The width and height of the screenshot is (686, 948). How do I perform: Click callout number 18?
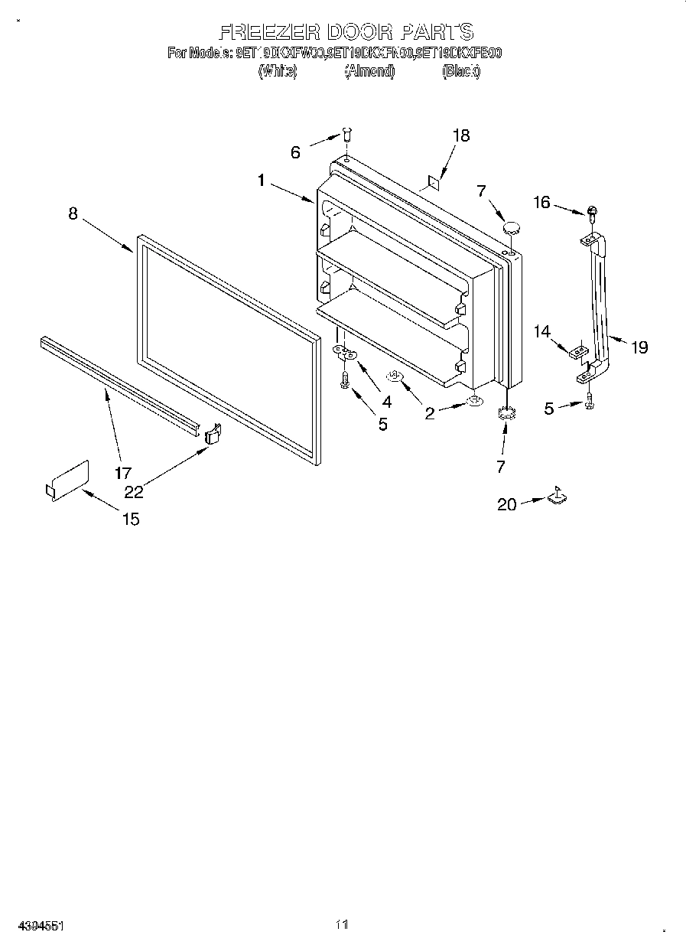pyautogui.click(x=460, y=135)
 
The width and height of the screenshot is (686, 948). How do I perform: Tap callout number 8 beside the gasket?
pyautogui.click(x=73, y=213)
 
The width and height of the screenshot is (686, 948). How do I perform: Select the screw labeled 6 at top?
pyautogui.click(x=346, y=135)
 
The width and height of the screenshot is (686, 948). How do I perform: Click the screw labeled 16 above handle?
pyautogui.click(x=593, y=211)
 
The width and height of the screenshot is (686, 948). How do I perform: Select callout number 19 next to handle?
pyautogui.click(x=639, y=347)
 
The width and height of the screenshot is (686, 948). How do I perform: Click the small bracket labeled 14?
pyautogui.click(x=579, y=351)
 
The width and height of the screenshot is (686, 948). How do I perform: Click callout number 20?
pyautogui.click(x=507, y=504)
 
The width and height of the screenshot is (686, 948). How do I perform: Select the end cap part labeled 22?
pyautogui.click(x=213, y=435)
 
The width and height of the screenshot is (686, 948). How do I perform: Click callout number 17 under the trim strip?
pyautogui.click(x=123, y=473)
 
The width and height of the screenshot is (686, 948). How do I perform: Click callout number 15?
pyautogui.click(x=131, y=520)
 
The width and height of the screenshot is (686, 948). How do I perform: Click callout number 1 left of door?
pyautogui.click(x=261, y=181)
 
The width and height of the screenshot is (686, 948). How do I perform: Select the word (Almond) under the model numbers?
pyautogui.click(x=369, y=71)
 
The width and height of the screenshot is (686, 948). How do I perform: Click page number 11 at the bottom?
pyautogui.click(x=342, y=925)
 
